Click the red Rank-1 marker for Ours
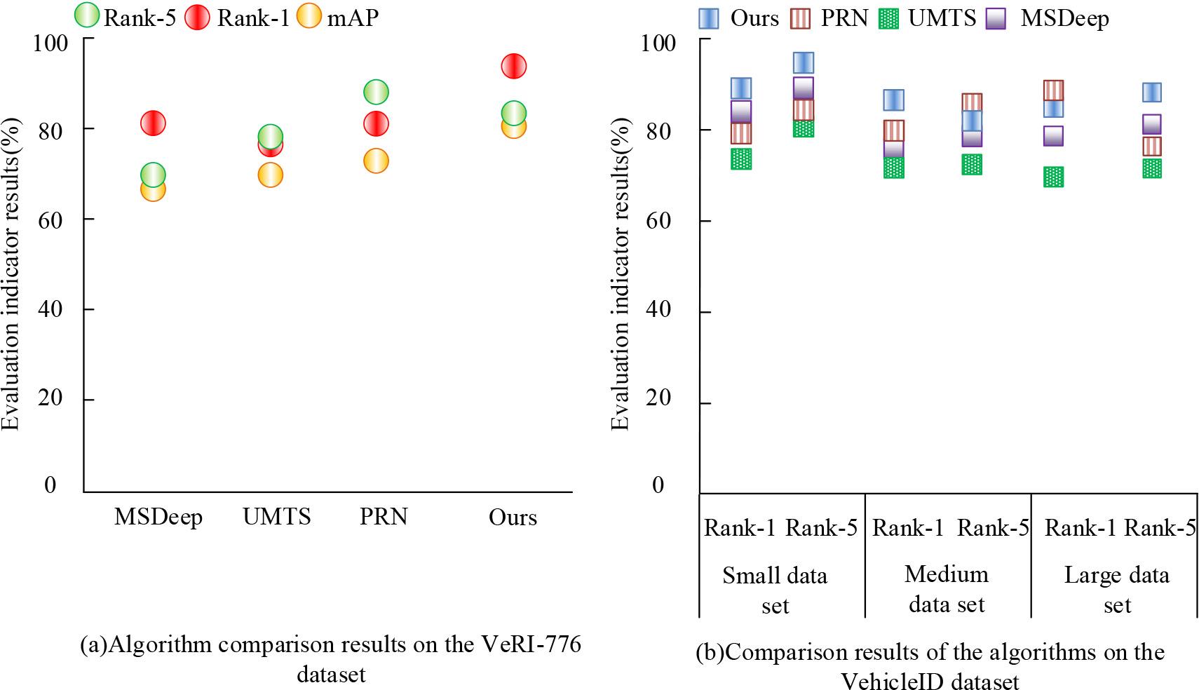[x=513, y=67]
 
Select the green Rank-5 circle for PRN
[x=376, y=91]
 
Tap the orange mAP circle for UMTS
[x=270, y=175]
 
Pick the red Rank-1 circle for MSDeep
[x=153, y=123]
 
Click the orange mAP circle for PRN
[x=376, y=161]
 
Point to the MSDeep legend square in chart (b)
[x=997, y=18]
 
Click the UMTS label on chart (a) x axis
[x=277, y=517]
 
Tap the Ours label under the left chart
[x=513, y=517]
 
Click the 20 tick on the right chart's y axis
[x=657, y=398]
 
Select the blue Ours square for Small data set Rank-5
[x=803, y=62]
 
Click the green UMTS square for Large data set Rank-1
[x=1053, y=177]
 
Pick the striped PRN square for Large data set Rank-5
[x=1151, y=146]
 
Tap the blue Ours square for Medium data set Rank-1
[x=893, y=100]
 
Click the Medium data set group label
[x=947, y=589]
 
